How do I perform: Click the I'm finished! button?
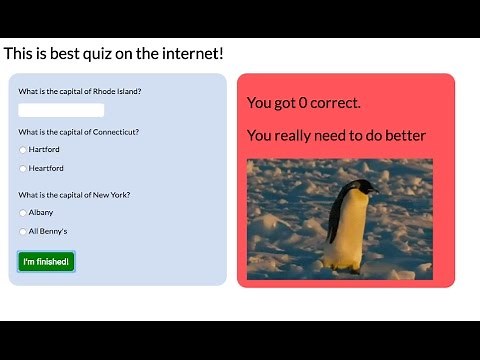pos(46,262)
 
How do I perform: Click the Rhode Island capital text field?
pos(61,110)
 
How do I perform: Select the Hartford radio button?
pos(23,150)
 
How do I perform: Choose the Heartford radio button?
pos(23,169)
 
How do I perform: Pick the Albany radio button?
pos(23,213)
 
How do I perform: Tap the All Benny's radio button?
pos(23,232)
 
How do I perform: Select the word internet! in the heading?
pos(189,52)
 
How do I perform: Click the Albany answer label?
pos(41,213)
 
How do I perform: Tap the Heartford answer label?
pos(46,169)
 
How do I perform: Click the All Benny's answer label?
pos(48,232)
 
